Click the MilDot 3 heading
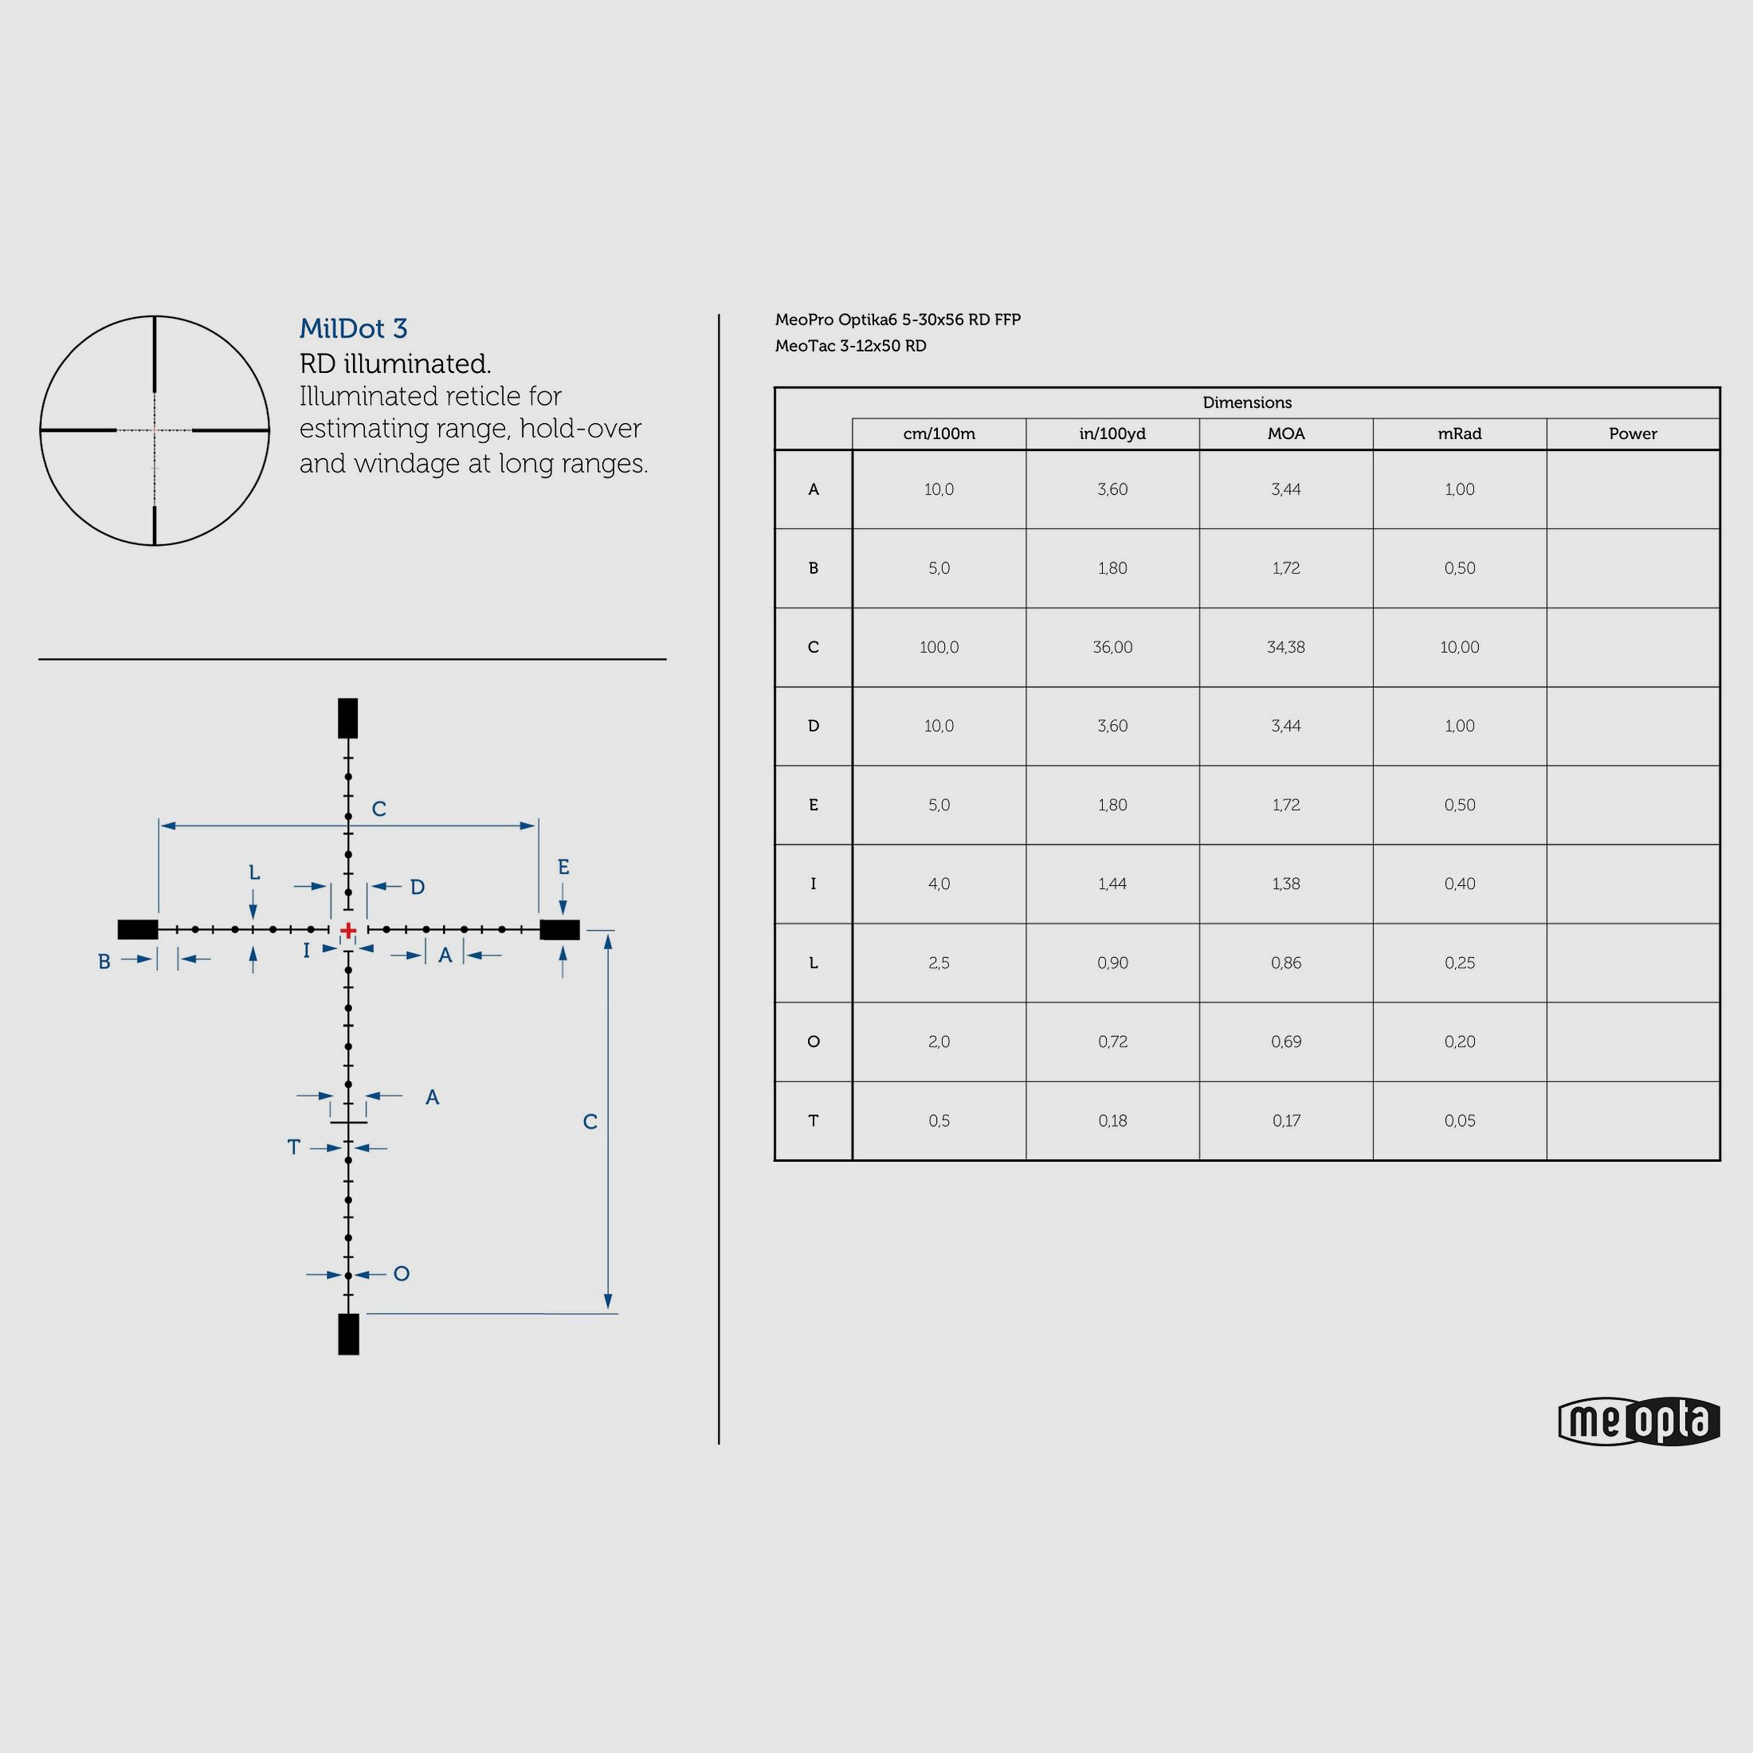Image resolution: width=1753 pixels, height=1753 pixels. tap(353, 328)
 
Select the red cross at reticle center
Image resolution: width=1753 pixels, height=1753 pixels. tap(348, 930)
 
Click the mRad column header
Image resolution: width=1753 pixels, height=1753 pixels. tap(1459, 433)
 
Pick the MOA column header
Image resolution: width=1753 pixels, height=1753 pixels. tap(1286, 433)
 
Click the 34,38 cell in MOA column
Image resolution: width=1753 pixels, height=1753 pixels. tap(1286, 647)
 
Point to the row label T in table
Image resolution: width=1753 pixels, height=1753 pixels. tap(813, 1120)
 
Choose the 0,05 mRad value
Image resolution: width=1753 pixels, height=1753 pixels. tap(1459, 1120)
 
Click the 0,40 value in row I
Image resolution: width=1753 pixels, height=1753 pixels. tap(1459, 884)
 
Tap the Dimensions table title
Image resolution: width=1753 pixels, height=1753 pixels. tap(1247, 402)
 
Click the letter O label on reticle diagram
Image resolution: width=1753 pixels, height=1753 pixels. tap(401, 1274)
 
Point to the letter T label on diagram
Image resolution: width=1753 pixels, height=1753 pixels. tap(293, 1147)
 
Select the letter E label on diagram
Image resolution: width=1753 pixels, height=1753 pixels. tap(563, 868)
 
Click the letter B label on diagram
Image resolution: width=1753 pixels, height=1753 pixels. tap(104, 962)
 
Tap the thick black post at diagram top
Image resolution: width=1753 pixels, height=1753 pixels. tap(347, 718)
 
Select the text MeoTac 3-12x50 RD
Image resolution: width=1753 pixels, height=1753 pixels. tap(850, 346)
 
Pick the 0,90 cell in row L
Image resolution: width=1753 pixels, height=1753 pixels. tap(1112, 963)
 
